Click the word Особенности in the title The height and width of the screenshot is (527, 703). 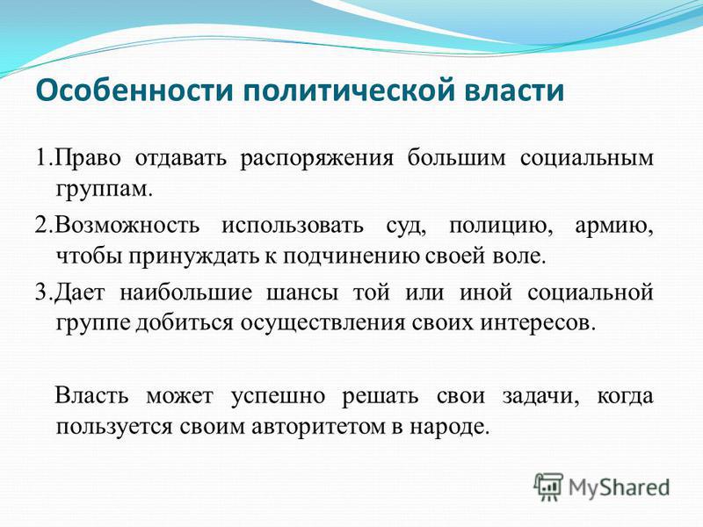134,90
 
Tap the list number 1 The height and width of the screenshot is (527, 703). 41,158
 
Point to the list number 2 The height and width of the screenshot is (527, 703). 41,225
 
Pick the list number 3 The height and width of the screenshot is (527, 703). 41,292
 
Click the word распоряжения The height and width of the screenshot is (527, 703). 316,160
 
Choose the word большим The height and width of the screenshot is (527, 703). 456,158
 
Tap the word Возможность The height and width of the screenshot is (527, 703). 128,225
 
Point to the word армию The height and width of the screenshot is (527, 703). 613,227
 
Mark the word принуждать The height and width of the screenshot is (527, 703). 195,257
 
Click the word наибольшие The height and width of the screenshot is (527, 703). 186,292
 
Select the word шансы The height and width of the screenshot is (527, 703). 302,293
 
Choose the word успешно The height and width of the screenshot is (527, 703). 278,398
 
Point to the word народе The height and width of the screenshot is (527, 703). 448,428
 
